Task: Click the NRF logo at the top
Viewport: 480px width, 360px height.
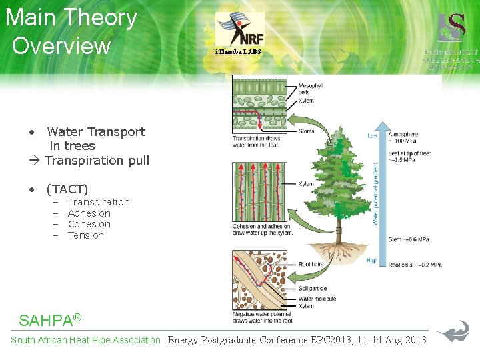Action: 239,29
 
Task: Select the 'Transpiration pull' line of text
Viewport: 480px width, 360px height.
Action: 97,160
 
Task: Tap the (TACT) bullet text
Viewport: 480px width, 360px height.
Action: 67,189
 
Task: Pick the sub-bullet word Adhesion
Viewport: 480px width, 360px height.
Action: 89,213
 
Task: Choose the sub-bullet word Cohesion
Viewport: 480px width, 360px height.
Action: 89,224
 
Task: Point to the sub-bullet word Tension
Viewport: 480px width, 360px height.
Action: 86,235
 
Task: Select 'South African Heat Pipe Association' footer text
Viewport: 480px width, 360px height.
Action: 85,340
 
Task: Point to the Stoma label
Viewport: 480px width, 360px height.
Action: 306,132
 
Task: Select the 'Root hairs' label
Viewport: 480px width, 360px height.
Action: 310,264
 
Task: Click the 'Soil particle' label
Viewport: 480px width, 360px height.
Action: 313,288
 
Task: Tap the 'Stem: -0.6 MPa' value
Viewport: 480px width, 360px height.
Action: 409,240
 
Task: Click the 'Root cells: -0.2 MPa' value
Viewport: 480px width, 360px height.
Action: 415,265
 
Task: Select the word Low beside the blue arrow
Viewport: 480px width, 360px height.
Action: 373,135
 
